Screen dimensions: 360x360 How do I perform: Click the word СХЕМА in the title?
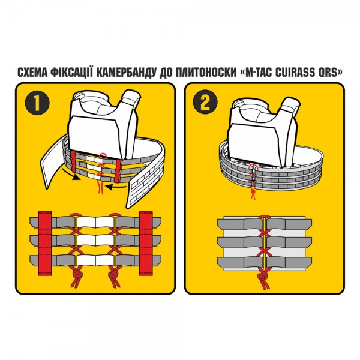(32, 73)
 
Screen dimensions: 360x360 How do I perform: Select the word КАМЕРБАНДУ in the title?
(125, 73)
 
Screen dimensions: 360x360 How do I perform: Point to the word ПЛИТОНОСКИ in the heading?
(206, 73)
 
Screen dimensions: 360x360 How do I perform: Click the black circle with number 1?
(37, 103)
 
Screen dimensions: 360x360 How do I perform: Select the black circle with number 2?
(205, 102)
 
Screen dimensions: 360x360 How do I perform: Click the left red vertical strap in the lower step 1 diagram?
(45, 244)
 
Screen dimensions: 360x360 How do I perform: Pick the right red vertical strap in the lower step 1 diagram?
(146, 244)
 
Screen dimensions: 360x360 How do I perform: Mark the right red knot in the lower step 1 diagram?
(113, 274)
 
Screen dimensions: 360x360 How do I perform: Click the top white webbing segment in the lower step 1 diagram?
(95, 222)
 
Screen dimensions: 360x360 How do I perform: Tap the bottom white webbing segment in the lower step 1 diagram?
(95, 260)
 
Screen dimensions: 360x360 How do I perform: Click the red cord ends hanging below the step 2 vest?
(253, 194)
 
